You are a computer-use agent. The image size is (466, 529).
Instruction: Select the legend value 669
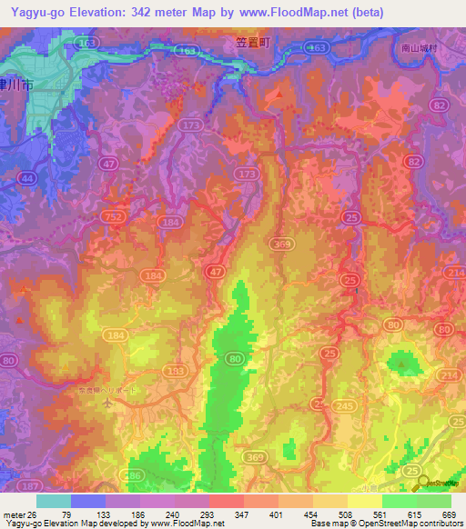(448, 514)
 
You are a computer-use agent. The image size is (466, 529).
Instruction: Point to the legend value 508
(344, 514)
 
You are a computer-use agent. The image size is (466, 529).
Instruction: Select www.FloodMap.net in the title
(294, 13)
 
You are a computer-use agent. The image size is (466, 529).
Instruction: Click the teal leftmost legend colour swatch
(54, 501)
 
